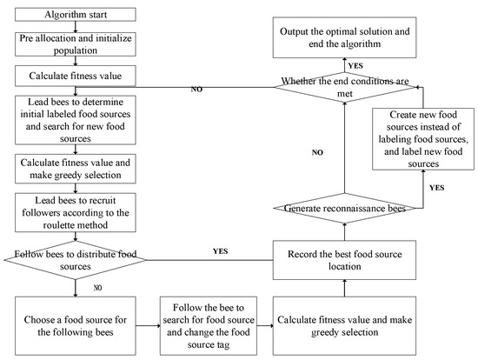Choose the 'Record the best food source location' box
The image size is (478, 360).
point(344,257)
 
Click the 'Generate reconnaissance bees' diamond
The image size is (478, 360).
point(344,208)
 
